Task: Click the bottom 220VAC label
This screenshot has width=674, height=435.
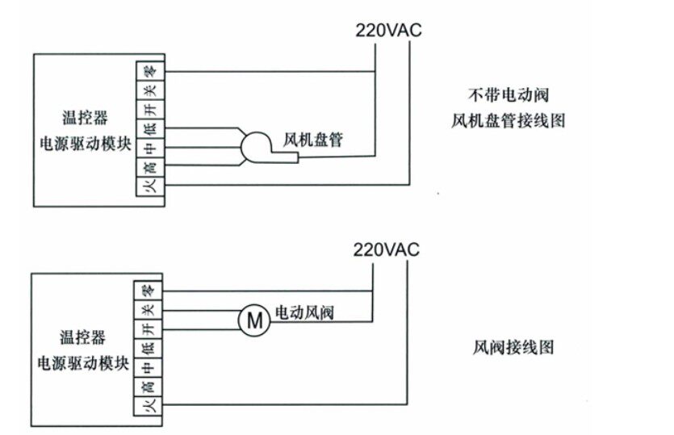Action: [x=387, y=249]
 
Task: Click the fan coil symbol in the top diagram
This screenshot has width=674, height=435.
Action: [x=257, y=148]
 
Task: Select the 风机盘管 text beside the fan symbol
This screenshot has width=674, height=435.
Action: [x=313, y=140]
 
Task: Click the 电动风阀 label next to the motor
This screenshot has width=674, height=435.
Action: [x=305, y=312]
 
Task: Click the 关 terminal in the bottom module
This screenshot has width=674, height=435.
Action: [x=146, y=310]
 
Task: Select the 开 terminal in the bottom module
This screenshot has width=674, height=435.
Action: [x=146, y=329]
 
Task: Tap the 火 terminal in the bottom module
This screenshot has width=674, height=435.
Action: [x=146, y=407]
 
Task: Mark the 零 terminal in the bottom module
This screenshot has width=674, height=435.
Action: [x=146, y=290]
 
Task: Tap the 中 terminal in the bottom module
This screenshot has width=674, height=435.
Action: [x=146, y=368]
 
